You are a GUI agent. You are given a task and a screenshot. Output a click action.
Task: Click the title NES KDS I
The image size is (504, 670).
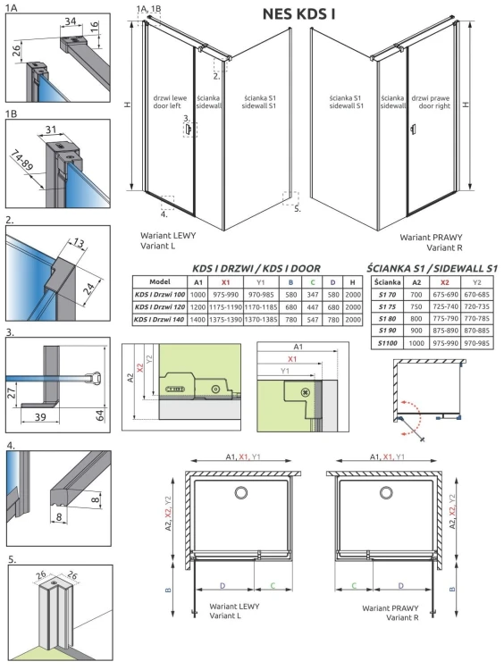(x=300, y=14)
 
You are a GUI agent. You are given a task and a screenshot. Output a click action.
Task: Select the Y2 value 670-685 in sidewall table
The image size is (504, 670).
(x=476, y=293)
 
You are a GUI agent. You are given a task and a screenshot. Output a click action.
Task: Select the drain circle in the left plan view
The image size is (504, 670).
(x=242, y=492)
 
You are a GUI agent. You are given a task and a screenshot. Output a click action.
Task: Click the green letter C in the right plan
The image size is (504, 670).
(x=355, y=587)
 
